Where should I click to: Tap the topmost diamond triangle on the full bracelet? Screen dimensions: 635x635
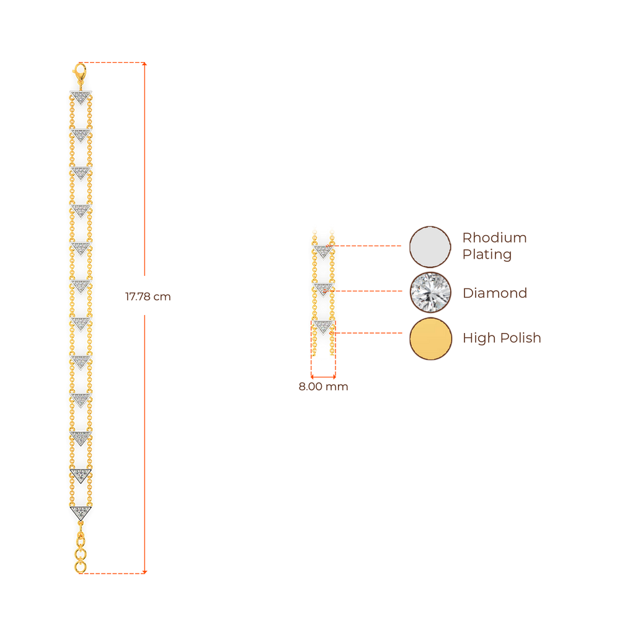(81, 97)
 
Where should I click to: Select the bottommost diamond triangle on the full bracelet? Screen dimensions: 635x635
(81, 512)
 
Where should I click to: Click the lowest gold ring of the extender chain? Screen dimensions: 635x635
(81, 566)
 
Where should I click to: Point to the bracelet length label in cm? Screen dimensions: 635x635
(148, 297)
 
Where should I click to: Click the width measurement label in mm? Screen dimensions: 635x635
(323, 387)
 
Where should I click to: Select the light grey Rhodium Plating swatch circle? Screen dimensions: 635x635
(430, 247)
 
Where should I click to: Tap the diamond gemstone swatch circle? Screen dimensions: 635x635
(430, 292)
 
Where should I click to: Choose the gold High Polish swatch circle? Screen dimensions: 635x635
(430, 338)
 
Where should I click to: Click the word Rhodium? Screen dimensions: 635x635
(494, 238)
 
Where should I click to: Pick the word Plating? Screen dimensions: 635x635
(487, 255)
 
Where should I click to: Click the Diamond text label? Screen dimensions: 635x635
(494, 293)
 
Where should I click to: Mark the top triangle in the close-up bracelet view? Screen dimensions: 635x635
(322, 251)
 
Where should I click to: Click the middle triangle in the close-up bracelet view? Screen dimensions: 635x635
(322, 289)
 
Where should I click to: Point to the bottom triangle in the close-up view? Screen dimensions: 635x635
(322, 327)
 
